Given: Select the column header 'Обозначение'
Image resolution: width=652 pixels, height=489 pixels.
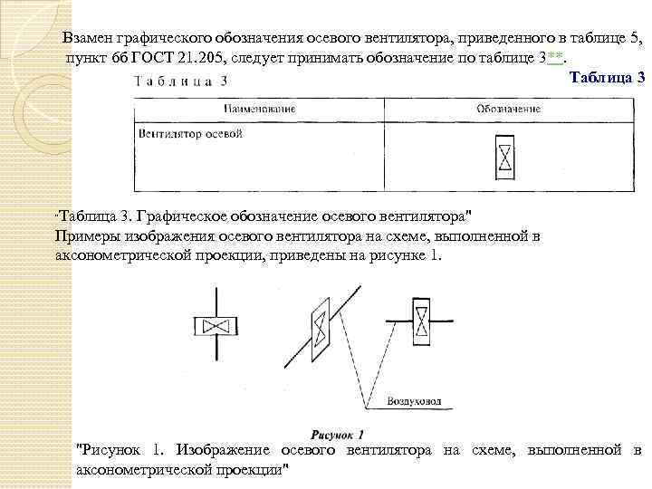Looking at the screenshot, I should pyautogui.click(x=508, y=109).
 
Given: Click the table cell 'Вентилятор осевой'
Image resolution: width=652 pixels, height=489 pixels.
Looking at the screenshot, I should pyautogui.click(x=190, y=135).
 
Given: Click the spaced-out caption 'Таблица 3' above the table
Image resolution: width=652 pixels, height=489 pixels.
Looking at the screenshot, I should pyautogui.click(x=180, y=81).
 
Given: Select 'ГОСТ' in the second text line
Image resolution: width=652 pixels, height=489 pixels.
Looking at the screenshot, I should pyautogui.click(x=150, y=59).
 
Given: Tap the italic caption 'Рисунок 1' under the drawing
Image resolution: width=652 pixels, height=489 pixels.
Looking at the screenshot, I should pyautogui.click(x=337, y=434).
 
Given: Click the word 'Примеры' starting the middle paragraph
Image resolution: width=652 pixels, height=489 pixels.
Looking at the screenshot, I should pyautogui.click(x=84, y=237).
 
